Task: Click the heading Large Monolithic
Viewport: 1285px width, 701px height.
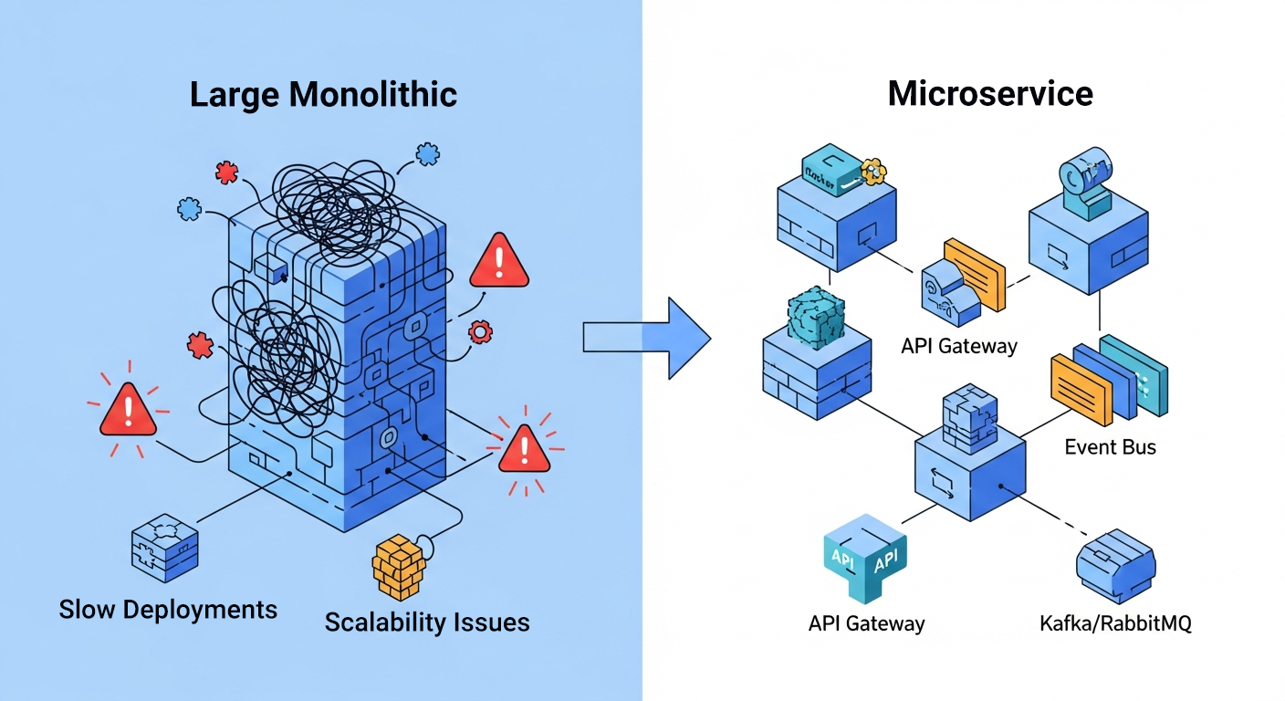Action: pos(323,95)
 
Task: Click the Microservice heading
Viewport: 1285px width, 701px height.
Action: pos(990,93)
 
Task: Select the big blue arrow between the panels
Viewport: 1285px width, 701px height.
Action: pos(647,338)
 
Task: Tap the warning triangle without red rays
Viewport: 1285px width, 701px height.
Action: pos(498,261)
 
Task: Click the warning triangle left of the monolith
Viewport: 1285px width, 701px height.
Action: pos(128,410)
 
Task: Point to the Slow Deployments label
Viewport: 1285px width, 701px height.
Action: pos(168,609)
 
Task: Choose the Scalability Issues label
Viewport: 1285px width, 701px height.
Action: pos(427,623)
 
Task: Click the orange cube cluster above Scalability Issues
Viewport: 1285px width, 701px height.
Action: pos(399,566)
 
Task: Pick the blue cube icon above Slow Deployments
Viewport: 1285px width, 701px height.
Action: pos(164,547)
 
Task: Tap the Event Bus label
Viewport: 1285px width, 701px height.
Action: pos(1110,446)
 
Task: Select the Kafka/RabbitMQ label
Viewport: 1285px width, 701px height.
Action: pos(1115,624)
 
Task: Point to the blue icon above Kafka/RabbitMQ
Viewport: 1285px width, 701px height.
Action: pos(1115,566)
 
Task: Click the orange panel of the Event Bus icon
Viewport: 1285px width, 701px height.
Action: pos(1082,388)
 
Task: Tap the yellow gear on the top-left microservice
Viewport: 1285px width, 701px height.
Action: pos(873,168)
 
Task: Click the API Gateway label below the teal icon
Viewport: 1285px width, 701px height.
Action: pos(866,624)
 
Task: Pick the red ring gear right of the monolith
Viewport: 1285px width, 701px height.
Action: pos(479,331)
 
